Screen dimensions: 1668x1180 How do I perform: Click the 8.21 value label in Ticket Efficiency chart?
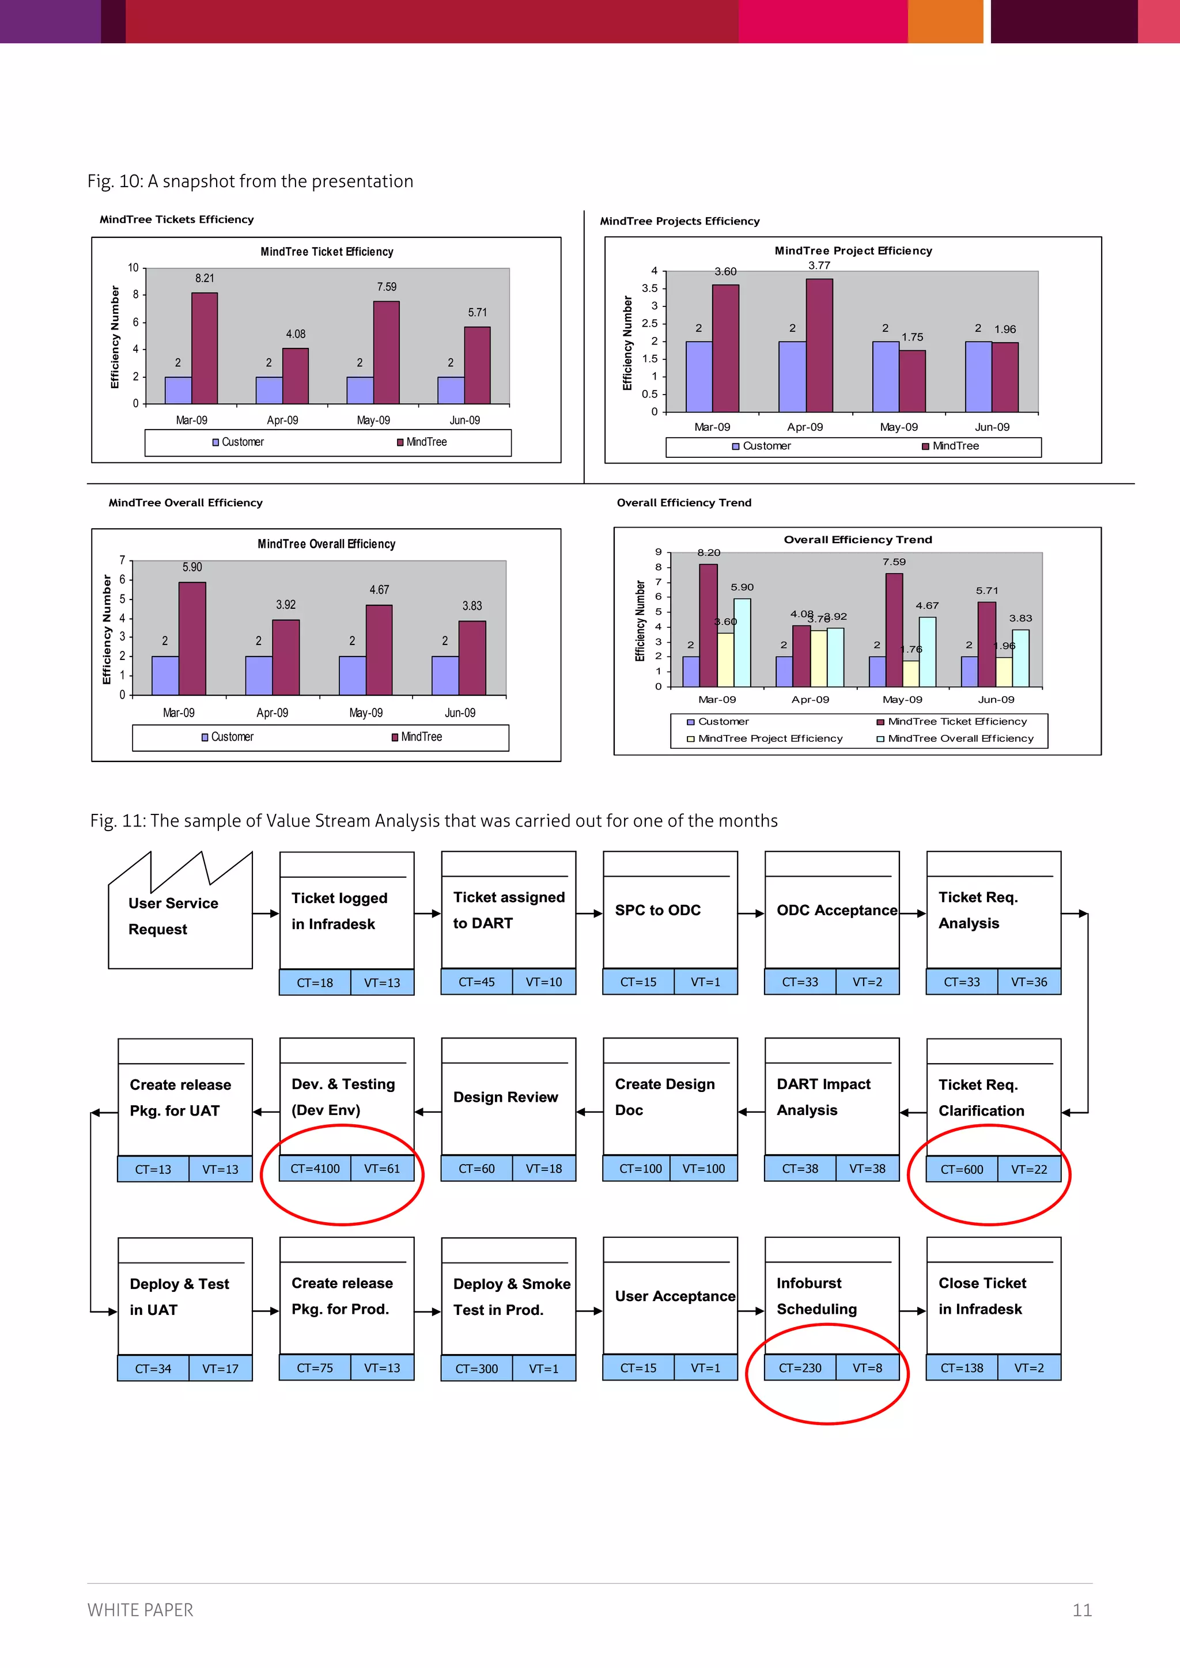point(204,278)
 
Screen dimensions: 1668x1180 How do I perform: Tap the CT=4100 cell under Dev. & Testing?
point(315,1169)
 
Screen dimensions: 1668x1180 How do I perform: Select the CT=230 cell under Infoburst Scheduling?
point(800,1368)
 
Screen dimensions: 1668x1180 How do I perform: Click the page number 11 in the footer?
point(1082,1610)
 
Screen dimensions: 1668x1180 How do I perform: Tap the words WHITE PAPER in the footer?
point(140,1610)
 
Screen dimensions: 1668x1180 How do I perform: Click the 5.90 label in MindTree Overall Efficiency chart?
point(192,567)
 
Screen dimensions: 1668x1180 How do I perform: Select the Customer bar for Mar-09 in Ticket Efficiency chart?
point(178,390)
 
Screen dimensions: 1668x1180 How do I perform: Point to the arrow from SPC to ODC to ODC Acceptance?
point(751,913)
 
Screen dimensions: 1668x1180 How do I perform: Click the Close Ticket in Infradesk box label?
point(982,1296)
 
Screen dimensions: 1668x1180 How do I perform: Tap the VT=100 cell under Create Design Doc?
point(704,1169)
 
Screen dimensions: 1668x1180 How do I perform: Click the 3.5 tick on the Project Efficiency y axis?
point(649,289)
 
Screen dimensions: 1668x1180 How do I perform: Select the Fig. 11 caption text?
point(434,821)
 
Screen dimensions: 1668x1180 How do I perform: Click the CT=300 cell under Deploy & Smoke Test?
point(476,1368)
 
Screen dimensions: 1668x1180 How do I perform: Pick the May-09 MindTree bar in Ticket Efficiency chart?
point(386,352)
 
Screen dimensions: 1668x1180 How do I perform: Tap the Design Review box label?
point(506,1097)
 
